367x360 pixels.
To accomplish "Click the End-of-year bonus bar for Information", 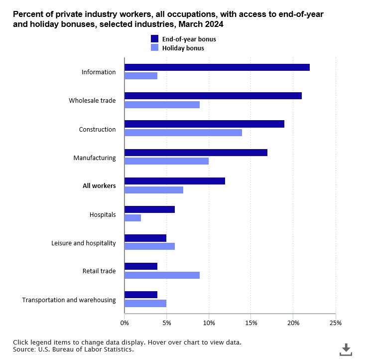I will pos(217,67).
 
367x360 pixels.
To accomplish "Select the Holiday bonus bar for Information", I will pos(141,76).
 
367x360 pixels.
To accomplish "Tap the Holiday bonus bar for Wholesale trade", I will pos(162,105).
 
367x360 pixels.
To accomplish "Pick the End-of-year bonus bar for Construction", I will pos(204,124).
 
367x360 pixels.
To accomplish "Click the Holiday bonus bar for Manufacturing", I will pos(166,161).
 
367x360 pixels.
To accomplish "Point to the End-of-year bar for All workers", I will pos(175,181).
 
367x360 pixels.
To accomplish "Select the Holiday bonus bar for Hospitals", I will pos(132,218).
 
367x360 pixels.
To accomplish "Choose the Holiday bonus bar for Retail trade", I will pos(162,275).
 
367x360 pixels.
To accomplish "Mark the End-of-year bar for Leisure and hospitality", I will pos(145,238).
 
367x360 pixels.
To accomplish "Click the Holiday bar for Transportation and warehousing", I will pos(145,303).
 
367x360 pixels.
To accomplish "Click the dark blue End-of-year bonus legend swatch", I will pos(154,39).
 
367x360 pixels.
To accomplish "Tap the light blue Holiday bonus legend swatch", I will pos(154,48).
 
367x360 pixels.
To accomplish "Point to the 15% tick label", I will pos(251,323).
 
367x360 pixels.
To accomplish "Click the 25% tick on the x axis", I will pos(336,323).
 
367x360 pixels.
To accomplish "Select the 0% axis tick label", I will pos(124,323).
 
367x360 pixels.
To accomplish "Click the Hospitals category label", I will pos(103,215).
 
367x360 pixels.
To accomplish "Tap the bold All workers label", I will pos(99,186).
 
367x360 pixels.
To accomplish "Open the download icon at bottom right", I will pos(346,350).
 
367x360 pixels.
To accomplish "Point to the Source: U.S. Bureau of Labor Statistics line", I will pos(74,350).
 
